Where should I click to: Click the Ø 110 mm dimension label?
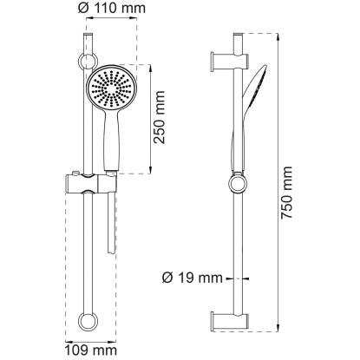112,8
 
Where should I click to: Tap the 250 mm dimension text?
159,117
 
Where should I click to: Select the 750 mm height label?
287,193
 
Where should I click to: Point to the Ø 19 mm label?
193,278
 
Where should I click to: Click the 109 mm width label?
90,350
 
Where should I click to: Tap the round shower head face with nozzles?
110,88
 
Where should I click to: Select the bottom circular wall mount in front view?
88,321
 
